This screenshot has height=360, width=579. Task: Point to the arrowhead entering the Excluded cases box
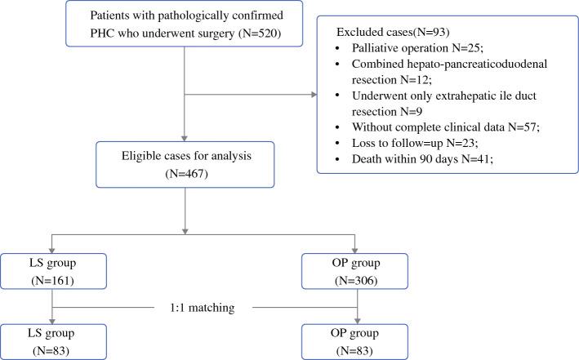point(314,95)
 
